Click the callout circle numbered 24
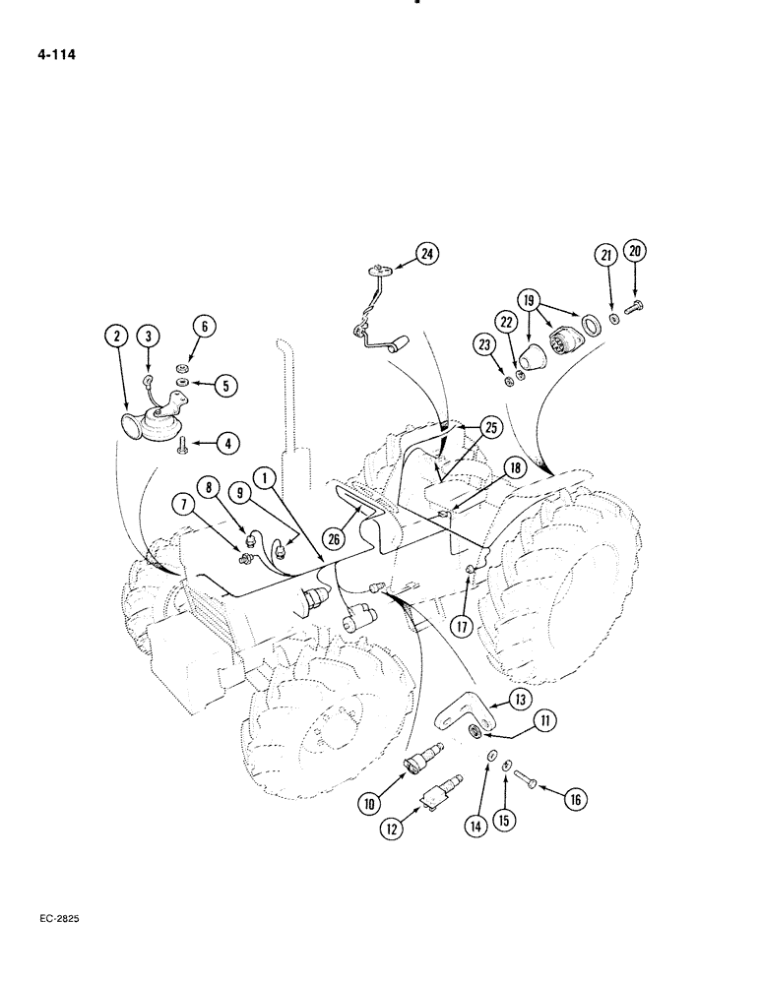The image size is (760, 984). [x=426, y=254]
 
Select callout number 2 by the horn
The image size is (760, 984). [x=116, y=336]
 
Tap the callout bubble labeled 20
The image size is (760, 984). [x=636, y=251]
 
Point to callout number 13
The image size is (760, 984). [x=521, y=700]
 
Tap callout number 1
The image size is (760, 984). [x=264, y=477]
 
